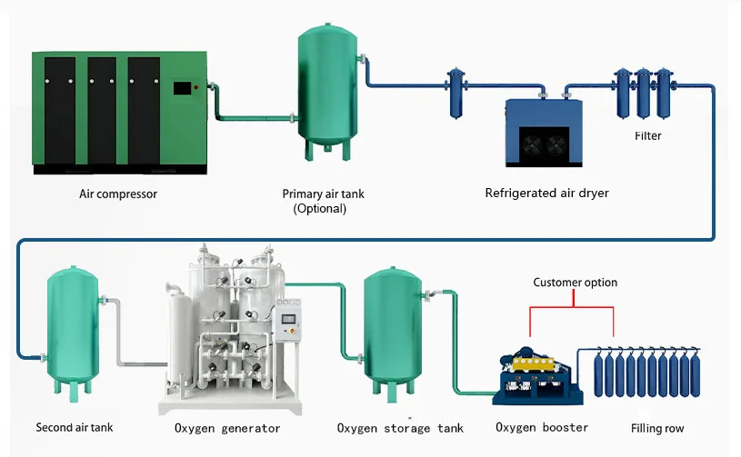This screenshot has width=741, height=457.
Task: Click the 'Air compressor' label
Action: (x=118, y=194)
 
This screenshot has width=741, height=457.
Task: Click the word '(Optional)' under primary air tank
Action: (x=319, y=208)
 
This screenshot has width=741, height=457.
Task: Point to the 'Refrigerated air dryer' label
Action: (x=546, y=193)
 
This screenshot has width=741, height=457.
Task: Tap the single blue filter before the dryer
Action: (x=456, y=92)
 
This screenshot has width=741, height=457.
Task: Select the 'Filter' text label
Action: (x=647, y=136)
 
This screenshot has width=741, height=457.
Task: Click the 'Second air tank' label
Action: (x=75, y=427)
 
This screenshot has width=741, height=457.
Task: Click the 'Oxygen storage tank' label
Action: (x=400, y=428)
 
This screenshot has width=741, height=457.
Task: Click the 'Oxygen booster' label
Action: (x=542, y=427)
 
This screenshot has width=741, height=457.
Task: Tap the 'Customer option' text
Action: (x=575, y=283)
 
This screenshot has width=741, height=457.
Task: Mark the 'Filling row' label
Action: (x=657, y=428)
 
